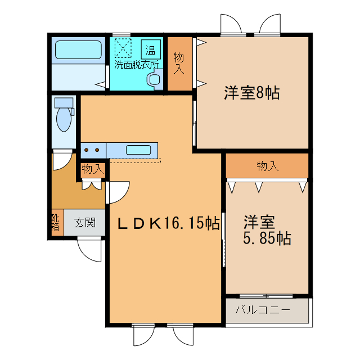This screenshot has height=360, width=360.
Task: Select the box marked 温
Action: point(151,50)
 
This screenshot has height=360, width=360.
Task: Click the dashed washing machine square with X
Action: point(123,47)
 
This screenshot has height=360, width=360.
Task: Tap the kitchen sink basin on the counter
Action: point(138,150)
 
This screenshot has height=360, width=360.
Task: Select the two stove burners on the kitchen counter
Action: point(93,150)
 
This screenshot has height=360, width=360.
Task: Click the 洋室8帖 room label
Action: point(252,93)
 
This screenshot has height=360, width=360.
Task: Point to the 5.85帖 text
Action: point(267,238)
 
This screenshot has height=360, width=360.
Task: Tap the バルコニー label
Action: point(262,309)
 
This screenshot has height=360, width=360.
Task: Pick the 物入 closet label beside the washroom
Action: point(179,63)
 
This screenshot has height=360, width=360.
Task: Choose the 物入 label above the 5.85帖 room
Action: point(267,166)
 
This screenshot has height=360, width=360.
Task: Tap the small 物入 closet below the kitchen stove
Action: point(92,169)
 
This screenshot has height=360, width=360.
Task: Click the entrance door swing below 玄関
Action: point(89,247)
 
